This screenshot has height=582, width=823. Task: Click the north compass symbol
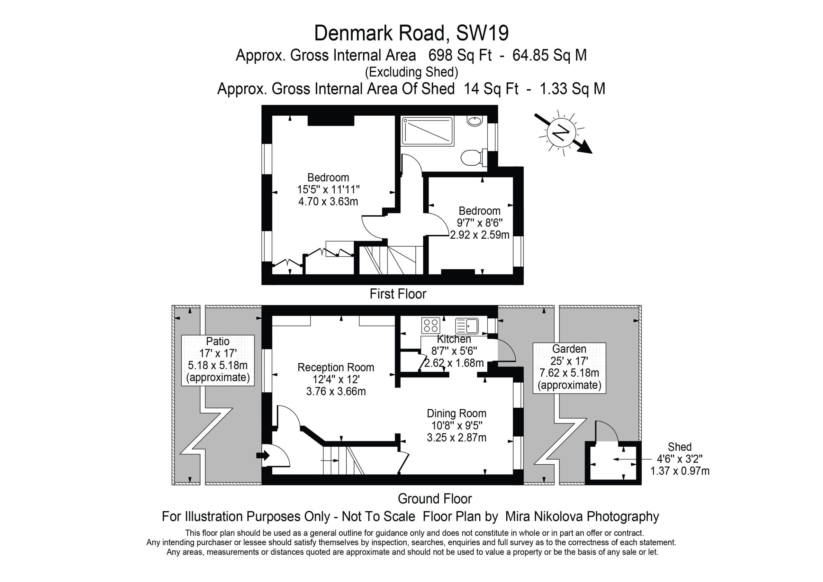click(x=562, y=133)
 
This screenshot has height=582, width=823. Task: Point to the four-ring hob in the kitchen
click(x=431, y=325)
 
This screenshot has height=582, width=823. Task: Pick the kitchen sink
click(x=467, y=326)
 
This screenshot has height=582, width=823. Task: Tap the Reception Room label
click(x=336, y=367)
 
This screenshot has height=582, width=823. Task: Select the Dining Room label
click(x=456, y=414)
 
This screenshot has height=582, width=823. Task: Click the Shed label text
click(x=680, y=447)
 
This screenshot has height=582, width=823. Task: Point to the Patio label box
click(x=218, y=360)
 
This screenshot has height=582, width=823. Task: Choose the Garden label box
click(x=569, y=368)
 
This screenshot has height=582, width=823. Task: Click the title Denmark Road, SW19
click(x=411, y=33)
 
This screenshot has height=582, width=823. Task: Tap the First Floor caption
click(x=398, y=294)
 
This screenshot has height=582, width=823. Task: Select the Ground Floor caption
click(x=435, y=498)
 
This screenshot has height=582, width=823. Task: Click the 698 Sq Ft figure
click(x=460, y=55)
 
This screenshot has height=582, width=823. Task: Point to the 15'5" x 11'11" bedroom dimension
click(x=328, y=189)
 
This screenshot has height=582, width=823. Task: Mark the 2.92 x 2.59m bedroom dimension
click(x=480, y=235)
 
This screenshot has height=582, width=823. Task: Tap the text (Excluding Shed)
click(x=411, y=72)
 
